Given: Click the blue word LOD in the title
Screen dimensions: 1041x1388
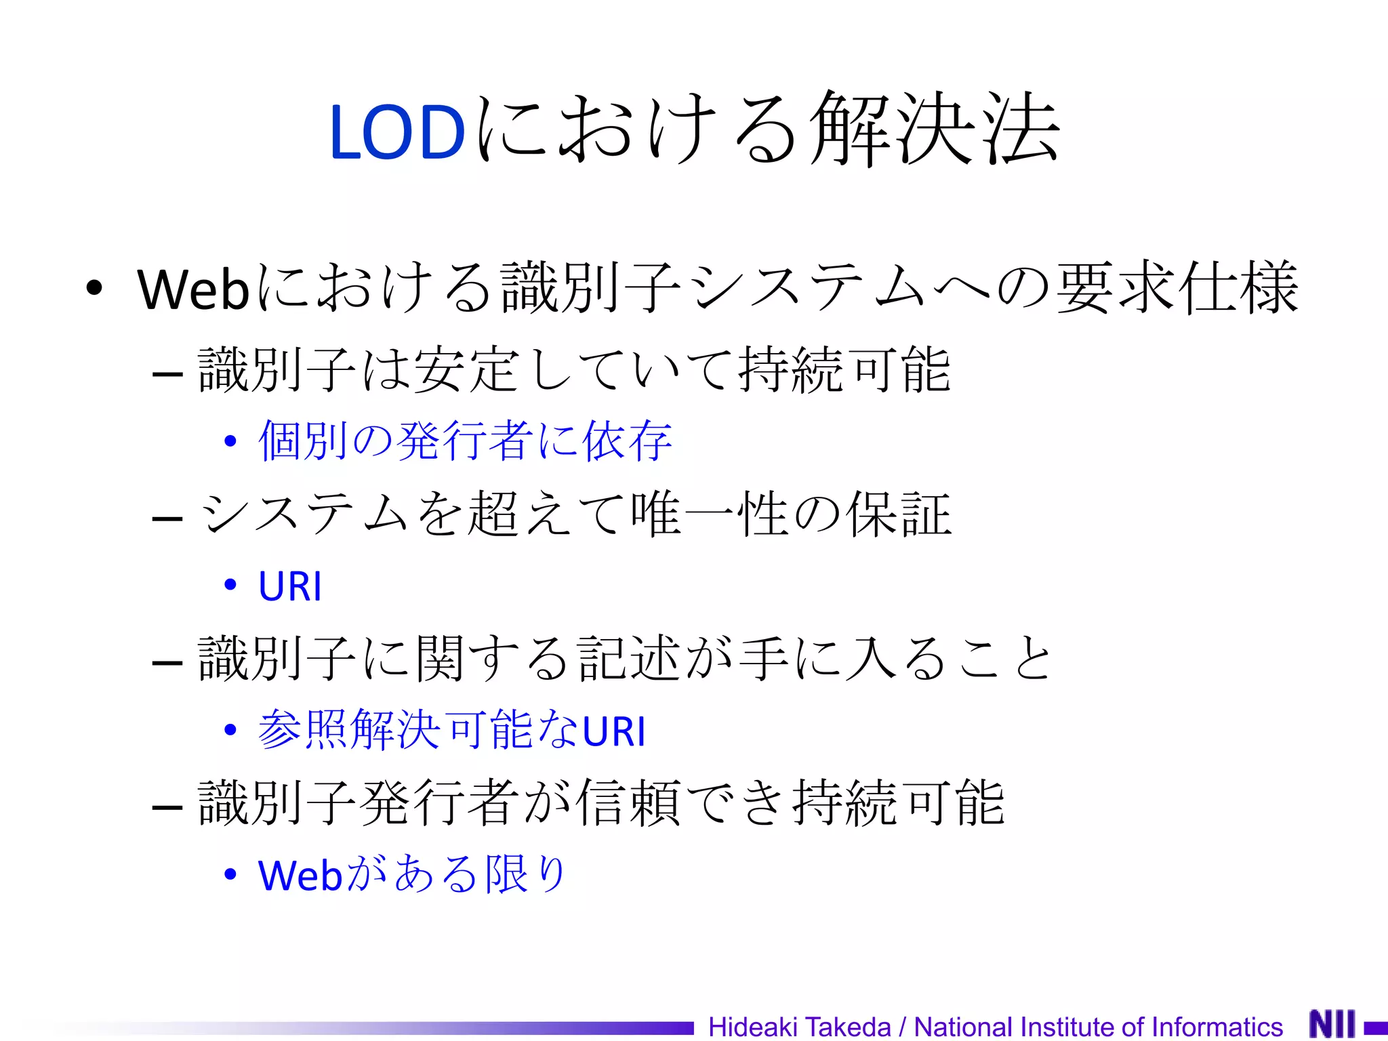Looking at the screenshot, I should (x=397, y=133).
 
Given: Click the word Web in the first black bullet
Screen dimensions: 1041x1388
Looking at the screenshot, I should (x=194, y=290).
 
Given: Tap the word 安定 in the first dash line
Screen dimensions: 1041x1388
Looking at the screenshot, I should (x=468, y=370).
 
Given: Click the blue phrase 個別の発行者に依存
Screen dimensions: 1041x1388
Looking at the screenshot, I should (x=465, y=441).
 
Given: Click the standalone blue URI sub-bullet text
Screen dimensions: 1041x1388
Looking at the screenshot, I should (x=290, y=586).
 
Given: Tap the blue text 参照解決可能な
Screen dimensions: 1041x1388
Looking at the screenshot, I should (x=417, y=731).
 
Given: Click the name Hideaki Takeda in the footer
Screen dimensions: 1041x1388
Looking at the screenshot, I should (x=800, y=1027).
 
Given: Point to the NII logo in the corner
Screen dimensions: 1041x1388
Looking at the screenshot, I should (x=1332, y=1024).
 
